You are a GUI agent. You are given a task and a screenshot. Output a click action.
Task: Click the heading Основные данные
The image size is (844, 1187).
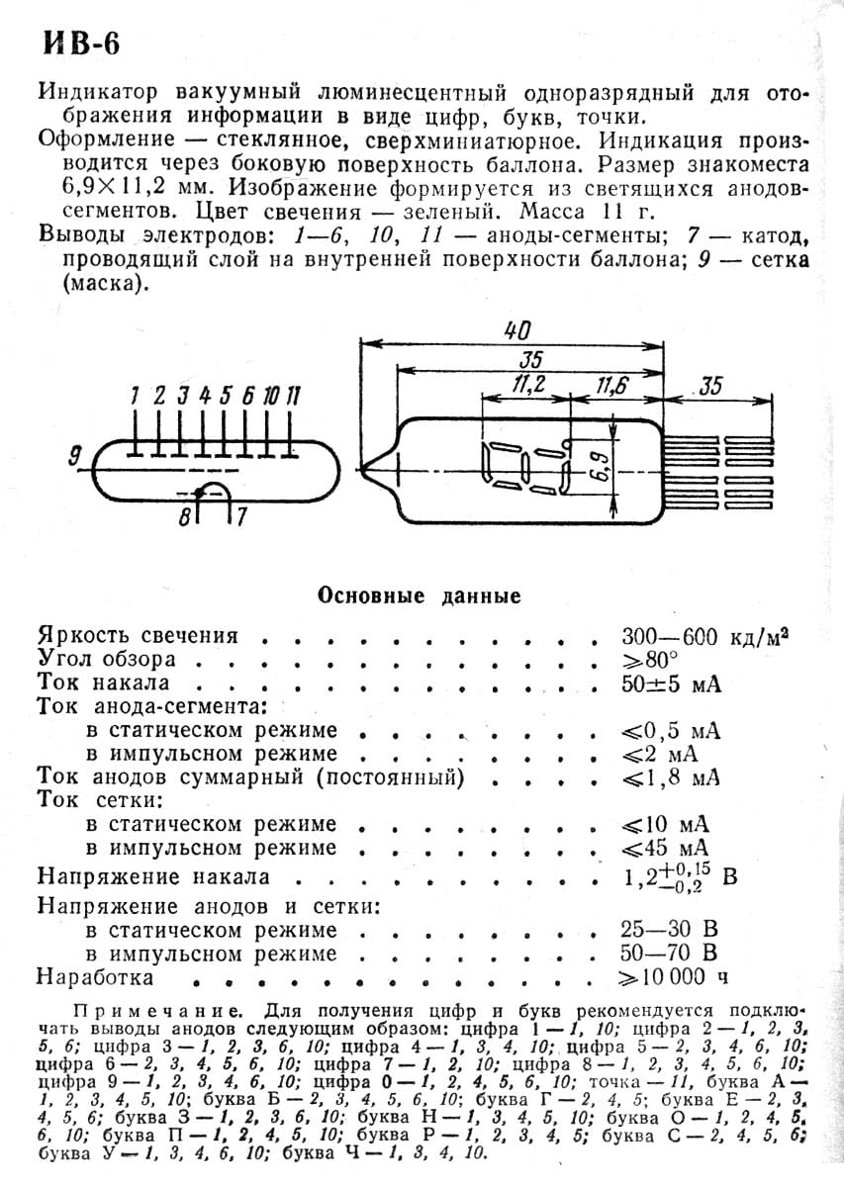[x=418, y=595]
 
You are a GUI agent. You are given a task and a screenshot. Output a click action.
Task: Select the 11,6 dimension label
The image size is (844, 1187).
[x=613, y=385]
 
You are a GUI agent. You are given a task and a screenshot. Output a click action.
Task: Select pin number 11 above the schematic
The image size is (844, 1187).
[x=294, y=396]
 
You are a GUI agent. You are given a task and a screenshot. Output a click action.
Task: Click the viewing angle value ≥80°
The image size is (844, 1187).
[x=649, y=659]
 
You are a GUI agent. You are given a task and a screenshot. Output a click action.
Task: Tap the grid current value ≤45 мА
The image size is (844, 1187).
[x=666, y=848]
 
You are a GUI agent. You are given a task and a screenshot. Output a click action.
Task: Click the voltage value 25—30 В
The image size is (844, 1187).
[x=669, y=930]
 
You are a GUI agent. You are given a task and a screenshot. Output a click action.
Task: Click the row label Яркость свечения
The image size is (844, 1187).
[x=138, y=636]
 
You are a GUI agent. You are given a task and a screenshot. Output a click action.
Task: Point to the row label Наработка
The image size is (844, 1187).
[x=95, y=977]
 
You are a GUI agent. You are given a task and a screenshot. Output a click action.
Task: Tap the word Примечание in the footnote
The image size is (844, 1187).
[x=154, y=1013]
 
